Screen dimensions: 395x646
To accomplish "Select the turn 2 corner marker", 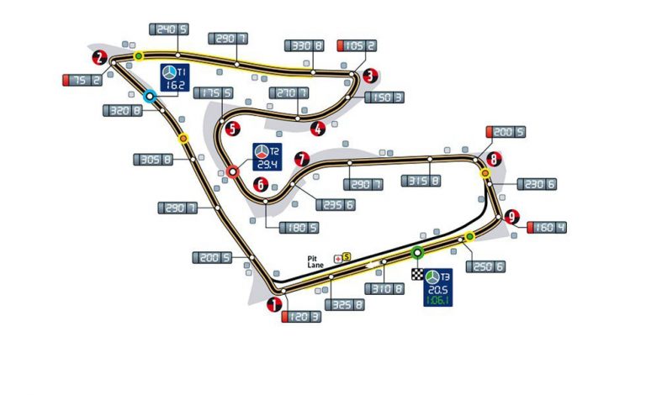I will [x=100, y=58].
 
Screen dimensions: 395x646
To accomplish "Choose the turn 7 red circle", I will [x=301, y=157].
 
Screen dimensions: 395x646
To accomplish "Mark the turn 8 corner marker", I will [x=495, y=157].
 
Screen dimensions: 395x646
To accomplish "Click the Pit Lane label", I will [x=316, y=261].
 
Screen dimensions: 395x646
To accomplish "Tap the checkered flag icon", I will [x=416, y=274].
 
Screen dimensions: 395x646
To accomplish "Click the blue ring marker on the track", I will [x=150, y=97].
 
